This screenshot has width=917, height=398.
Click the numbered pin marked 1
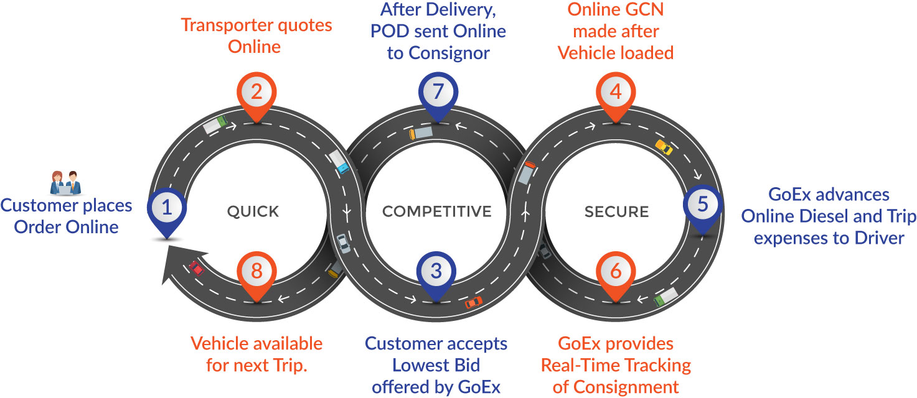[x=166, y=209]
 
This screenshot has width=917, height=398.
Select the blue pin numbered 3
[x=436, y=272]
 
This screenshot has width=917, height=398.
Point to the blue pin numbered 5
[x=702, y=206]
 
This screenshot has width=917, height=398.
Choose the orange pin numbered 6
[x=616, y=272]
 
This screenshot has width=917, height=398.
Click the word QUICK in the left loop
[x=253, y=212]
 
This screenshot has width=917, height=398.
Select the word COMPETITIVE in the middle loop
[x=436, y=212]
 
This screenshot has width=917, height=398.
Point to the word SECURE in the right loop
[x=617, y=212]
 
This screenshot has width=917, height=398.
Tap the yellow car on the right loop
[x=664, y=147]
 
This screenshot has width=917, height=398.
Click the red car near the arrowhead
[x=197, y=268]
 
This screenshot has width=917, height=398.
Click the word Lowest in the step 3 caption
[x=407, y=365]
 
